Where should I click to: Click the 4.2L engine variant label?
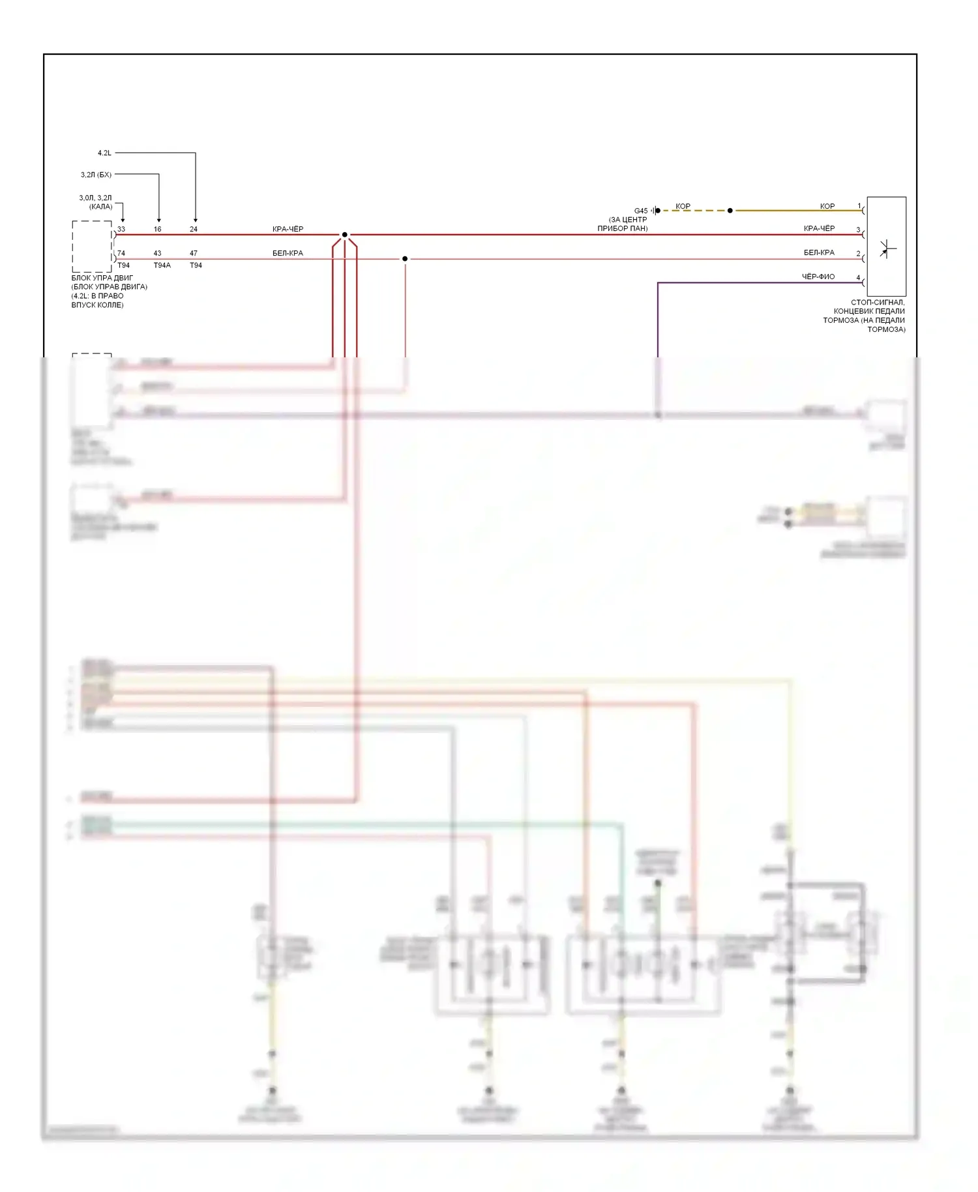[104, 153]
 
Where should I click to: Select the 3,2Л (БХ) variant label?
[96, 175]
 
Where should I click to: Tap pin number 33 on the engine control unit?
[121, 230]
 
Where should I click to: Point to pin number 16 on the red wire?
[158, 230]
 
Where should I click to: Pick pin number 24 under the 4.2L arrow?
[194, 230]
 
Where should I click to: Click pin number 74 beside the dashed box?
[121, 253]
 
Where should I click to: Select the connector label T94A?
[162, 265]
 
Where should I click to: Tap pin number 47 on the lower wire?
[194, 253]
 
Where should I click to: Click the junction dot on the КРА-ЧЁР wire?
[345, 235]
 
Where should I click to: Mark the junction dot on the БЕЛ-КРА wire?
[405, 259]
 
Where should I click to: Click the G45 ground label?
[641, 211]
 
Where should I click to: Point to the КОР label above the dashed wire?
[683, 206]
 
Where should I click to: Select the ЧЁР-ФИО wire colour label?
[818, 276]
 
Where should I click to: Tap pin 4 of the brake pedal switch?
[858, 278]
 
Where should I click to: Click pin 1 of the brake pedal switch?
[859, 206]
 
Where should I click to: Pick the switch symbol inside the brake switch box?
[886, 248]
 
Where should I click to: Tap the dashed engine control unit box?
[91, 246]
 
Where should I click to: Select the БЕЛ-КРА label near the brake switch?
[819, 252]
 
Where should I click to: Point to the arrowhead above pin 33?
[123, 220]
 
